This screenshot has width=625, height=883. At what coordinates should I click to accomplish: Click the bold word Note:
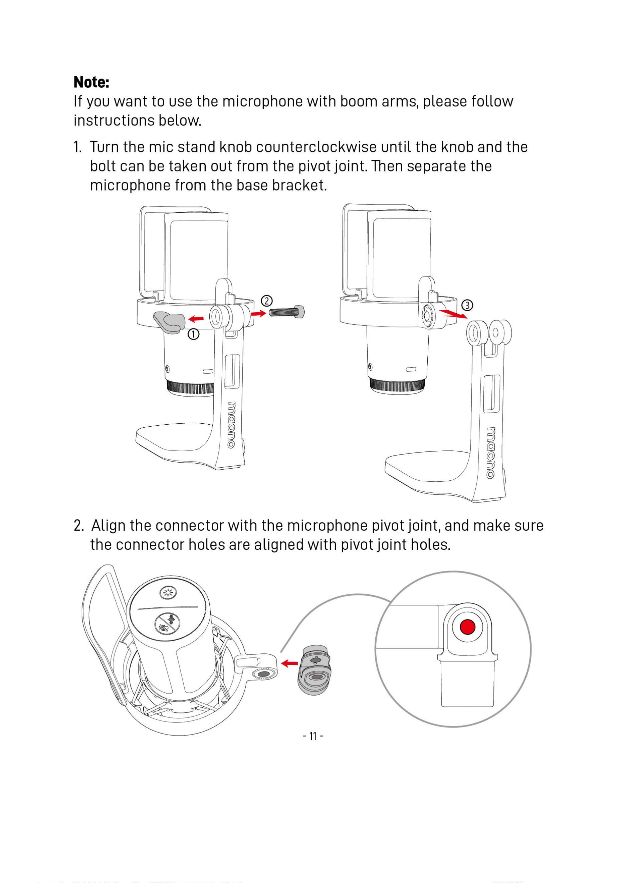click(x=91, y=82)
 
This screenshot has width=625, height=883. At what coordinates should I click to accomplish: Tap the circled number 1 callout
click(x=194, y=334)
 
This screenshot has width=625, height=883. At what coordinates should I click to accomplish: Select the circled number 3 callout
click(x=467, y=305)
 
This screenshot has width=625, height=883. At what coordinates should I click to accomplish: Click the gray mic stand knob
click(x=169, y=322)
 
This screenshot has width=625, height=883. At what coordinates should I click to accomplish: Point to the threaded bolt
click(x=287, y=312)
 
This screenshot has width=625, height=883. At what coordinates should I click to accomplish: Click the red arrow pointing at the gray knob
click(x=196, y=319)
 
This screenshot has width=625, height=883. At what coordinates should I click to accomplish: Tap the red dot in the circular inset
click(x=468, y=626)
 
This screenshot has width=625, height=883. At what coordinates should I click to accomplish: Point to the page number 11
click(x=313, y=736)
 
